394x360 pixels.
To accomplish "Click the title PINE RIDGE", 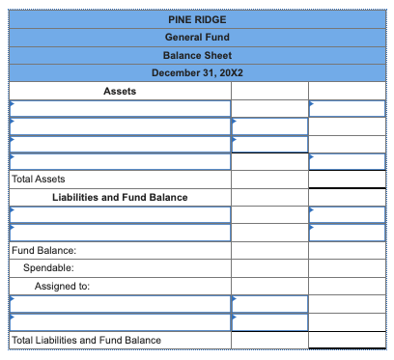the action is (197, 19).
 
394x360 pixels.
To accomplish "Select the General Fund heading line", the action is (197, 37).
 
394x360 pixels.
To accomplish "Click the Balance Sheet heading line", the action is (197, 55).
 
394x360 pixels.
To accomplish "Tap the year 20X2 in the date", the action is (229, 73).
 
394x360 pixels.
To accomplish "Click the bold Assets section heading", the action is (120, 92).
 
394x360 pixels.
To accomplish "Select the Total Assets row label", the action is (38, 180).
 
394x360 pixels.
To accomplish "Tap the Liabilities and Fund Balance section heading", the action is (120, 197).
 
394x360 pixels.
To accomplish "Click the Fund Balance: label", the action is (38, 251).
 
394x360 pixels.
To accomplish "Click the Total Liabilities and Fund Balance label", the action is (86, 340).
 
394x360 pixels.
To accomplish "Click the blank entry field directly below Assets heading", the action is (120, 108).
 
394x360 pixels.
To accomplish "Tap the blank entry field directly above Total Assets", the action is (120, 161).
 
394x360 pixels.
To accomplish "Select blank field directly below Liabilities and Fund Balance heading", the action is (120, 214).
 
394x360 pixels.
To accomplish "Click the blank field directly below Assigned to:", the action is (120, 304).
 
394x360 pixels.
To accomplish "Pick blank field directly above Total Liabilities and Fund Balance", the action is (120, 321).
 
